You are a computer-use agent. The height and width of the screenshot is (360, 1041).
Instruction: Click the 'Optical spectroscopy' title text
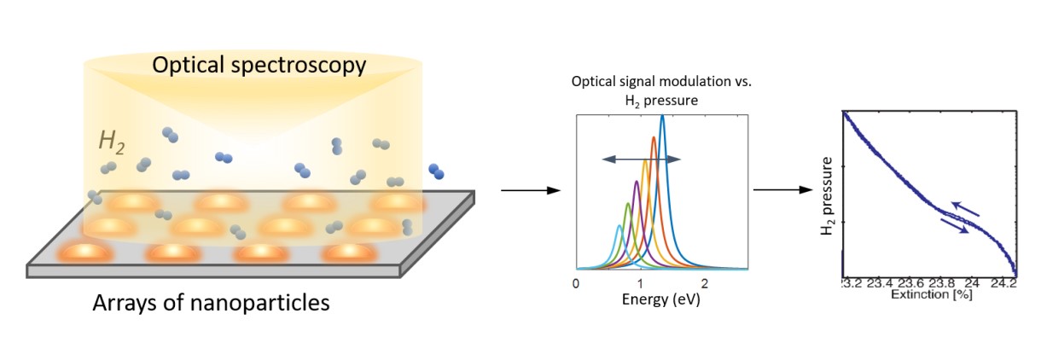pyautogui.click(x=259, y=66)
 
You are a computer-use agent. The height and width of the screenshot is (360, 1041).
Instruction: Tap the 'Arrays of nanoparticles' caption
pyautogui.click(x=211, y=303)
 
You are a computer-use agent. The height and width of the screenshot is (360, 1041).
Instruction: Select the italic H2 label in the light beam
pyautogui.click(x=112, y=142)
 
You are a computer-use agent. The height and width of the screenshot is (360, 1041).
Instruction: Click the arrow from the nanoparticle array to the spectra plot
pyautogui.click(x=531, y=190)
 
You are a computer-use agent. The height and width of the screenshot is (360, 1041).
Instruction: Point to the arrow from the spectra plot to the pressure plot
pyautogui.click(x=782, y=189)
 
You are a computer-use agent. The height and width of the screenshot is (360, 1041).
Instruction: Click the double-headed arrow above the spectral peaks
pyautogui.click(x=642, y=160)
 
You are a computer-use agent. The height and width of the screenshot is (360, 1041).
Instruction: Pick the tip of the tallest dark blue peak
pyautogui.click(x=662, y=116)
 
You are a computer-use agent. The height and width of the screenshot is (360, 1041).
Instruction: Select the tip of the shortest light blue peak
pyautogui.click(x=619, y=226)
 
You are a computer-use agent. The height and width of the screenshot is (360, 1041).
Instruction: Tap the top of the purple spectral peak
pyautogui.click(x=637, y=181)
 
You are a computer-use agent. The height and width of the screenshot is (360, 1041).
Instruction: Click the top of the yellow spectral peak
pyautogui.click(x=645, y=160)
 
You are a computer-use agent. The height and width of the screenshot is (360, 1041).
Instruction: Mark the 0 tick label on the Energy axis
pyautogui.click(x=576, y=284)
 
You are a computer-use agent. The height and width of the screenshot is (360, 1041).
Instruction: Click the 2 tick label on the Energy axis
pyautogui.click(x=705, y=284)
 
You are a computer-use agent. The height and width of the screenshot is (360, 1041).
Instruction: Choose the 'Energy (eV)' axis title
pyautogui.click(x=660, y=299)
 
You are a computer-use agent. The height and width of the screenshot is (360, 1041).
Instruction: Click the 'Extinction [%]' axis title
pyautogui.click(x=931, y=294)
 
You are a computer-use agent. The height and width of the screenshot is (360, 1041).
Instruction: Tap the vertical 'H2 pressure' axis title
pyautogui.click(x=827, y=196)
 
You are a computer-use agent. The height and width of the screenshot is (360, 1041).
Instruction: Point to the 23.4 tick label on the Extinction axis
pyautogui.click(x=879, y=283)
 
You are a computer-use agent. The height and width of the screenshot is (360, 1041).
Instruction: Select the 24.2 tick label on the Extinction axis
pyautogui.click(x=1003, y=283)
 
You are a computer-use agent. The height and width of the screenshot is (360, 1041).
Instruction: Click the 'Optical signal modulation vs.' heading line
pyautogui.click(x=661, y=82)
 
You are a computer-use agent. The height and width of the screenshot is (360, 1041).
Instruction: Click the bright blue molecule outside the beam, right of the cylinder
pyautogui.click(x=436, y=171)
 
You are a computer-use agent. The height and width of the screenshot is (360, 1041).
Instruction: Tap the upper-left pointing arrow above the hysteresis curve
pyautogui.click(x=965, y=209)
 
